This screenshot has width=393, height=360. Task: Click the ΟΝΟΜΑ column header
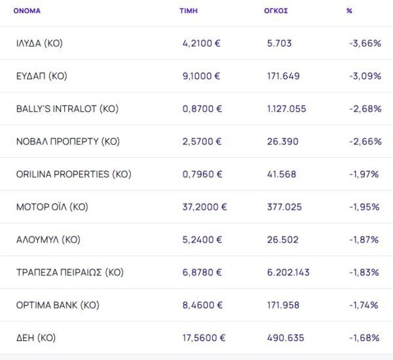click(27, 11)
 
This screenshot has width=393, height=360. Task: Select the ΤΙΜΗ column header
click(189, 11)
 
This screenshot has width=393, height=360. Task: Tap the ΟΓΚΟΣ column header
click(276, 11)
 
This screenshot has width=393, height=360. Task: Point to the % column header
click(349, 11)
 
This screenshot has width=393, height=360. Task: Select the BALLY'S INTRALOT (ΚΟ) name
click(67, 109)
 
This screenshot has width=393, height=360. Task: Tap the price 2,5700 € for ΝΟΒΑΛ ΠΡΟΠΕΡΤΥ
click(202, 142)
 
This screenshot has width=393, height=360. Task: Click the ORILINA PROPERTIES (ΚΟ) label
click(73, 174)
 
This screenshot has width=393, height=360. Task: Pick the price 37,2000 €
click(204, 207)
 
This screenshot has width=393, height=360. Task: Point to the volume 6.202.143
click(289, 273)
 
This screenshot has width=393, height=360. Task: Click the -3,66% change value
click(365, 43)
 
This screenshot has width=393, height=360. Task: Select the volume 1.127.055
click(286, 109)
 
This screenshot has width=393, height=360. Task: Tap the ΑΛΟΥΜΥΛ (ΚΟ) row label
click(48, 240)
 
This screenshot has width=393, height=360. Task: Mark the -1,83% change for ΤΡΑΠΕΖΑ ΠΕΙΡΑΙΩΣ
click(365, 273)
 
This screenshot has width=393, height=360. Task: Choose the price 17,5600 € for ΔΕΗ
click(204, 338)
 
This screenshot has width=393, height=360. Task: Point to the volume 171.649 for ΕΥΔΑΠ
click(284, 76)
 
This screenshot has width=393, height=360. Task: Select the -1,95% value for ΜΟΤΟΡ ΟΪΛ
click(365, 207)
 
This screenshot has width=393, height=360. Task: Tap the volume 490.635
click(285, 338)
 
